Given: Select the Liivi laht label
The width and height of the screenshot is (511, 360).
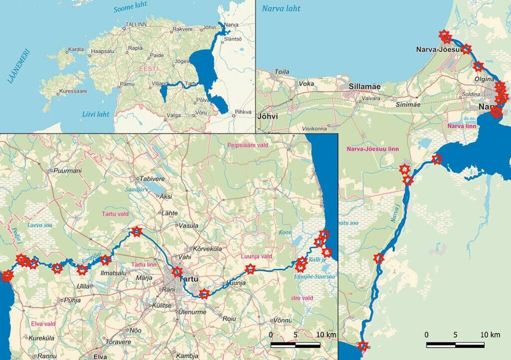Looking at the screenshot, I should click(x=96, y=114).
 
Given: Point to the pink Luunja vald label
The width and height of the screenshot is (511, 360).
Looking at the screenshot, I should click(x=256, y=256).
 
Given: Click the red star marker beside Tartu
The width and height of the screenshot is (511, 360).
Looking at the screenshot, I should click(x=177, y=272).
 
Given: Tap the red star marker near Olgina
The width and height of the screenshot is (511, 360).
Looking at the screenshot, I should click(x=478, y=66).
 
